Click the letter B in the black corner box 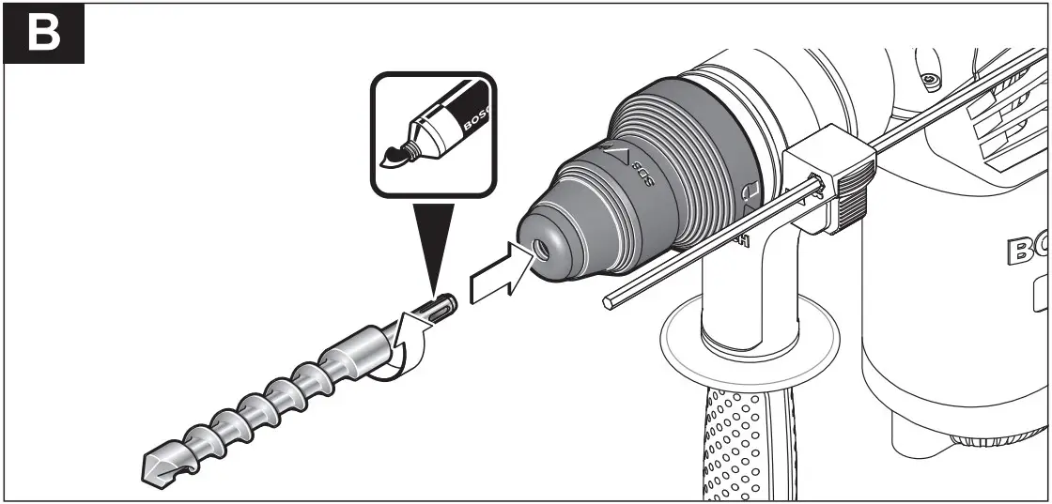(x=43, y=33)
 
